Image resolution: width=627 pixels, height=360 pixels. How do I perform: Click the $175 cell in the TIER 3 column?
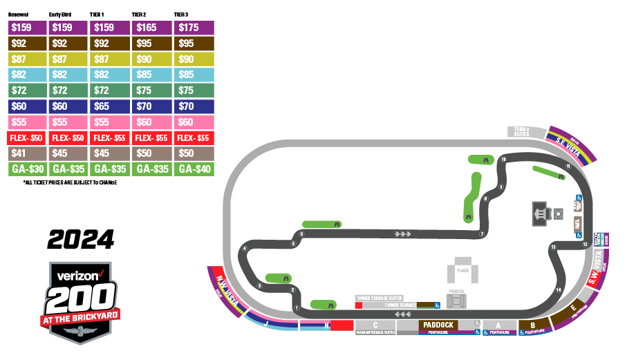[x=194, y=28]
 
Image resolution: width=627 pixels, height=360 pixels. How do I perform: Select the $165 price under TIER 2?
[x=152, y=28]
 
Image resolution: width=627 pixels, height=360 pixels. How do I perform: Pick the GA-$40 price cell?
[x=194, y=169]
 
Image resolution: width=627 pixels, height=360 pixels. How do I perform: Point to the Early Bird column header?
[x=61, y=15]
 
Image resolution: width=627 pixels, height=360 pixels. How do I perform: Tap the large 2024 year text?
[x=80, y=240]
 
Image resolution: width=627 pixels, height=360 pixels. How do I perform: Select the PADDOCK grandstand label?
[x=438, y=325]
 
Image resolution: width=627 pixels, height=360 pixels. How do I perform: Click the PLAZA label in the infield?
[x=463, y=271]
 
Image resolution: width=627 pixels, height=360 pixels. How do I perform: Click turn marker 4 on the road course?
[x=245, y=249]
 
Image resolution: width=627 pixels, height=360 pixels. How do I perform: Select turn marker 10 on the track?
[x=504, y=160]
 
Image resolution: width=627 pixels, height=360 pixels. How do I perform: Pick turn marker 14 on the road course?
[x=559, y=290]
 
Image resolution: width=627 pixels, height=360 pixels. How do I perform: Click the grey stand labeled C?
[x=375, y=325]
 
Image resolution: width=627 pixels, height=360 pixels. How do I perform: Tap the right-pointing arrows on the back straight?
[x=402, y=234]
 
